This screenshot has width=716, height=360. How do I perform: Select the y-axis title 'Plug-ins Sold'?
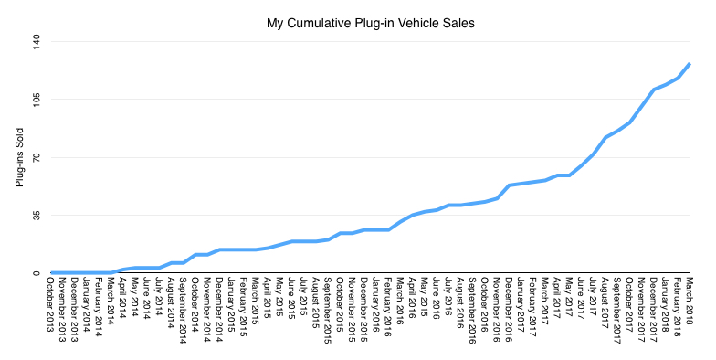(19, 158)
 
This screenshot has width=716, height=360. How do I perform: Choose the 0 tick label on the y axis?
(38, 272)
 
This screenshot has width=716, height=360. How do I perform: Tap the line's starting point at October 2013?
(52, 272)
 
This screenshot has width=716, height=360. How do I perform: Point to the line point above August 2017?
(605, 137)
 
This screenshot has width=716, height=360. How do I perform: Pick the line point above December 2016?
(509, 185)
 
